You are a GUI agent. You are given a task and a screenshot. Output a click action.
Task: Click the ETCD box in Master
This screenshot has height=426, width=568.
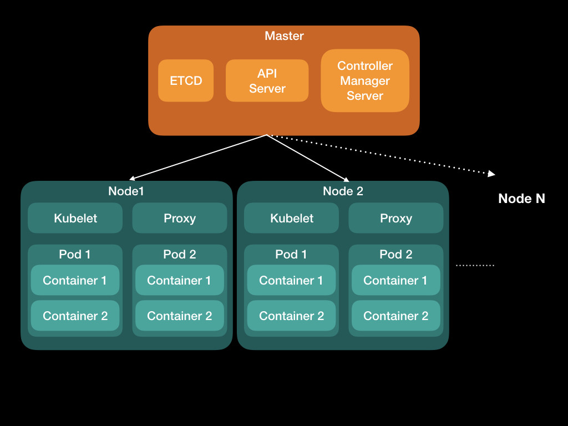click(186, 80)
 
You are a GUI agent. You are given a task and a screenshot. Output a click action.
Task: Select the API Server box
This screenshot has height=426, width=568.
click(267, 80)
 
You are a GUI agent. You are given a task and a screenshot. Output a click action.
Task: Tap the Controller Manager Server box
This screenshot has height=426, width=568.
click(364, 80)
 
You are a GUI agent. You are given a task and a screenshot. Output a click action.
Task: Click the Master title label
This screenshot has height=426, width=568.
click(284, 36)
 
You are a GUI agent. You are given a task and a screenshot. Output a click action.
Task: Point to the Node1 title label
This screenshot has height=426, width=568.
click(126, 191)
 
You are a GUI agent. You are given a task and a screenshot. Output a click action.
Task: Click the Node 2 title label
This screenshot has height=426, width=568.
click(343, 191)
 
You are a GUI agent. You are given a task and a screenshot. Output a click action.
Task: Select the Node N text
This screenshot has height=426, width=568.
click(521, 199)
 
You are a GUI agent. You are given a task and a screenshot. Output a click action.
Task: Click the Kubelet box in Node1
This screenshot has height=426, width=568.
click(75, 218)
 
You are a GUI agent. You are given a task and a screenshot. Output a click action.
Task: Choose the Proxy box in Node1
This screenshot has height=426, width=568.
click(179, 218)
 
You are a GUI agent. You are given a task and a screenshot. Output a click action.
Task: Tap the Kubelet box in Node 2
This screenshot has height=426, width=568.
click(292, 218)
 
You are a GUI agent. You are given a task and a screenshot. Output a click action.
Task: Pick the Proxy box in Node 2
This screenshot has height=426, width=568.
click(395, 218)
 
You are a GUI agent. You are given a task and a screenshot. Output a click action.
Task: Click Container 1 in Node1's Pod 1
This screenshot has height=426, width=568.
click(75, 280)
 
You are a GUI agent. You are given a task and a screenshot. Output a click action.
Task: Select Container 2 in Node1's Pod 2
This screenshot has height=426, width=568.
click(179, 316)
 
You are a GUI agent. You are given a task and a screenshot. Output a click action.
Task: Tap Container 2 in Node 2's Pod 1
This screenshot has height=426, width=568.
click(291, 316)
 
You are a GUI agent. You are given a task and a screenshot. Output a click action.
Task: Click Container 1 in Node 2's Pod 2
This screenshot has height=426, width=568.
click(395, 280)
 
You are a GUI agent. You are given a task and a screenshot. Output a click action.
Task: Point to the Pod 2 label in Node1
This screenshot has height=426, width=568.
click(179, 254)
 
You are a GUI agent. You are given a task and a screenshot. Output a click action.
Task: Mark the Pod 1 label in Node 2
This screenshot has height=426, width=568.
click(291, 254)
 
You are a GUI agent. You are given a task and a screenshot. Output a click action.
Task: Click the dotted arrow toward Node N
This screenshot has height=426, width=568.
click(383, 155)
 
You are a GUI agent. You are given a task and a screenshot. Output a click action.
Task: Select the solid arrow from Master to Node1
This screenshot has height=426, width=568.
click(200, 157)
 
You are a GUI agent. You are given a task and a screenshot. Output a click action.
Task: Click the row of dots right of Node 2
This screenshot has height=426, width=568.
click(475, 266)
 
